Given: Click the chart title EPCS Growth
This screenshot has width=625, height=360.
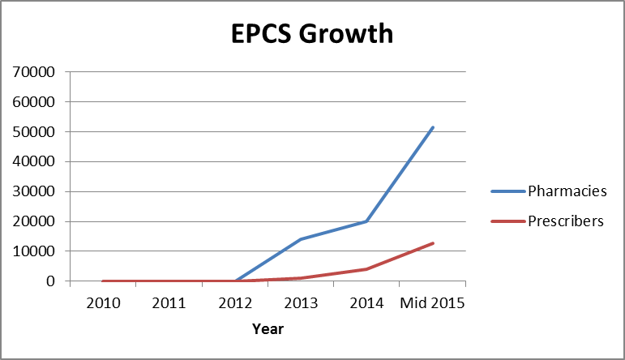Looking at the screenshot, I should [x=312, y=34].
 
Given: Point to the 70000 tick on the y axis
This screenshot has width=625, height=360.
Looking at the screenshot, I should [x=35, y=71].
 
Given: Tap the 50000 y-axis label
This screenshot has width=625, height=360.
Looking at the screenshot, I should [x=35, y=131].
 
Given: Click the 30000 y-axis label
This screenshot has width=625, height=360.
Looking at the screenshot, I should [x=35, y=191].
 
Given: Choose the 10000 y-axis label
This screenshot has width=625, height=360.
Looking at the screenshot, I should [x=35, y=251].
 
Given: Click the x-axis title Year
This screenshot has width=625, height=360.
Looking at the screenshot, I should [x=268, y=329].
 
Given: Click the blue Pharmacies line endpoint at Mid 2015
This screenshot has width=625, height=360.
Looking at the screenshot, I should [x=433, y=127].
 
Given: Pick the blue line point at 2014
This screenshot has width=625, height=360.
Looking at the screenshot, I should [x=366, y=221].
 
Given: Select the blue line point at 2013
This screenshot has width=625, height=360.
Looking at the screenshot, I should [x=301, y=239].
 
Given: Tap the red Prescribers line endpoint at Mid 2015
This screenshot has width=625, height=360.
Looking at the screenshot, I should [x=433, y=243].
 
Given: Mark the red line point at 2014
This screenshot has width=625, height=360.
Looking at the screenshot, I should [x=366, y=269].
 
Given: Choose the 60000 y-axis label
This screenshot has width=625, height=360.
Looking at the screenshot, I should [x=35, y=101].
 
